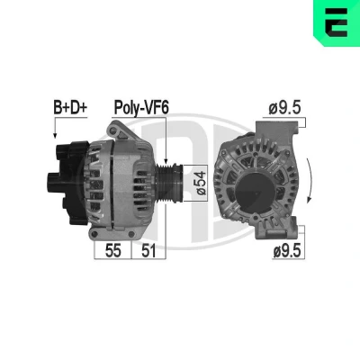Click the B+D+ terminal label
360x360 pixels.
[70, 108]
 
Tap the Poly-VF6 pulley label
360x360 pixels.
[141, 108]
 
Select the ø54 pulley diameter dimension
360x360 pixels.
[202, 183]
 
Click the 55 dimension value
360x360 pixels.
[112, 250]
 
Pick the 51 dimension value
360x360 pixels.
[148, 250]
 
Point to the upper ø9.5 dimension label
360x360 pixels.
[284, 108]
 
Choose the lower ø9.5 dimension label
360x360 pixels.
[287, 251]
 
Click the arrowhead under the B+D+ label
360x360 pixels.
[55, 135]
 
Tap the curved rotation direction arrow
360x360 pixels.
[310, 181]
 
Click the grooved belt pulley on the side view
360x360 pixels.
[170, 183]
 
